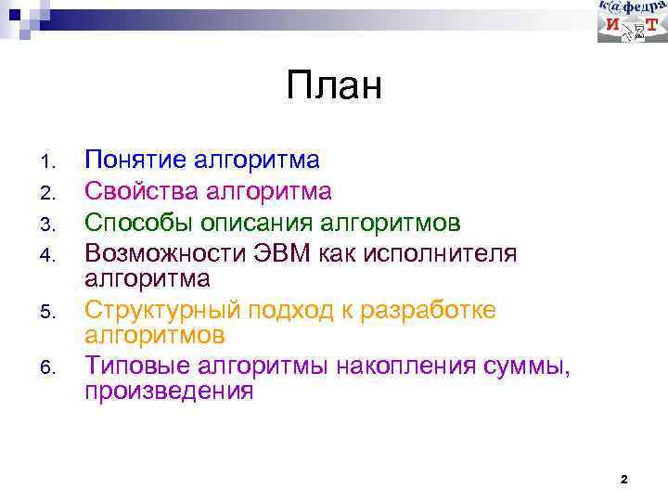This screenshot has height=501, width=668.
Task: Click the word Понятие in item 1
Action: (x=136, y=161)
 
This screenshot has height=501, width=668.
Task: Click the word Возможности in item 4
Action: (x=165, y=254)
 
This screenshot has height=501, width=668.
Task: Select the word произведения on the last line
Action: (x=169, y=391)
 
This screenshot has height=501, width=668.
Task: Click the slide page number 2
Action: (x=623, y=480)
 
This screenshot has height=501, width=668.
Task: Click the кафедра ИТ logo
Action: (x=632, y=21)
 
